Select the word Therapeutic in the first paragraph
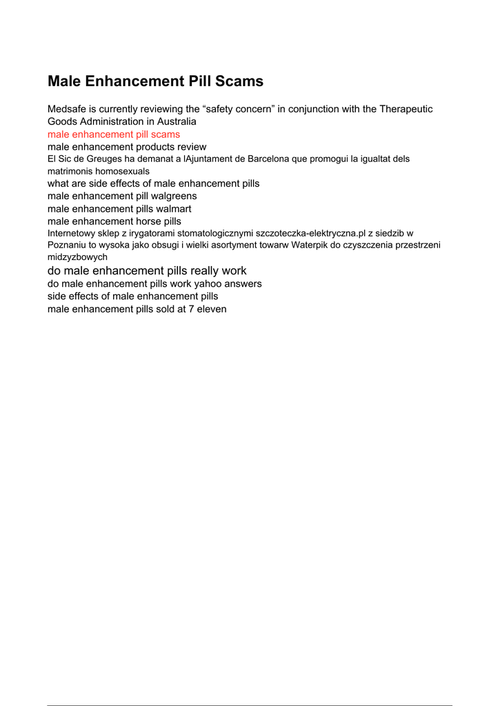[406, 109]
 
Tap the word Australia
[176, 121]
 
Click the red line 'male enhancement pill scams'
[114, 134]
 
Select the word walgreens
[173, 196]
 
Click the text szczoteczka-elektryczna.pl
[310, 233]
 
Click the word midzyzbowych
[77, 256]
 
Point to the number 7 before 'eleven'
[191, 309]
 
